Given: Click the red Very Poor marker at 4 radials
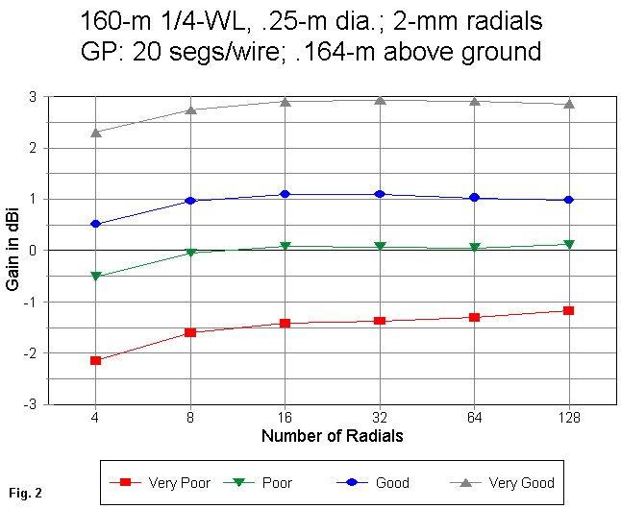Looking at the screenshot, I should (96, 360).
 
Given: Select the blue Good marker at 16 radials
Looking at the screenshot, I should (286, 194).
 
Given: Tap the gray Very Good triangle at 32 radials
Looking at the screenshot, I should (380, 100).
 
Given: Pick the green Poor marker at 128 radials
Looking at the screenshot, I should (569, 245).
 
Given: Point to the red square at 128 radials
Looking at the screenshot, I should (569, 310).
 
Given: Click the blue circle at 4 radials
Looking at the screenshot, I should (96, 224).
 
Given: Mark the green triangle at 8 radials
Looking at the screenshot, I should (190, 253).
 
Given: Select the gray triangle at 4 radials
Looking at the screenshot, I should (96, 133).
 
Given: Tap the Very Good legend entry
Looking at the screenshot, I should (504, 482).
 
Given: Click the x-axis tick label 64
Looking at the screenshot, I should (474, 419).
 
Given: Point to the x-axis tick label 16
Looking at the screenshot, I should (286, 419).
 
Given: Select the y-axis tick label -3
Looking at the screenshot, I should (33, 404).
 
